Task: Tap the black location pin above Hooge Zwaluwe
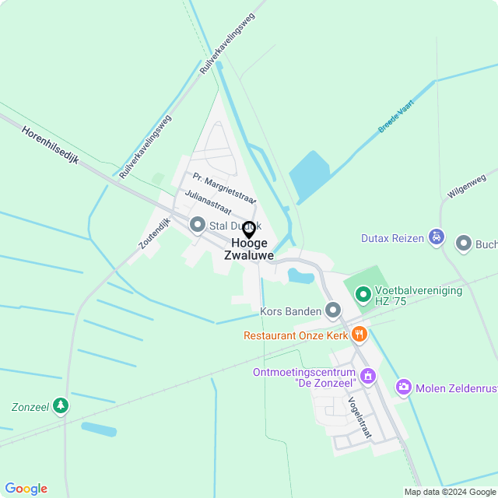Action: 249,230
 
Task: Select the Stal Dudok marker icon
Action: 198,226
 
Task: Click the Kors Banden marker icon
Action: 333,311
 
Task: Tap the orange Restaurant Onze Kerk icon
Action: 359,335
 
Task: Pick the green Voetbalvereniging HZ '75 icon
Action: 363,294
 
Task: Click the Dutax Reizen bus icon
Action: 437,236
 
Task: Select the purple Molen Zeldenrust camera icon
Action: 403,387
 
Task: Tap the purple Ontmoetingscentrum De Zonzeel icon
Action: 367,377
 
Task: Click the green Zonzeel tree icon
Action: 61,406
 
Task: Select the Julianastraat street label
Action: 208,201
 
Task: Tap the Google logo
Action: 26,489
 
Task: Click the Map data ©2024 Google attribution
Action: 450,492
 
